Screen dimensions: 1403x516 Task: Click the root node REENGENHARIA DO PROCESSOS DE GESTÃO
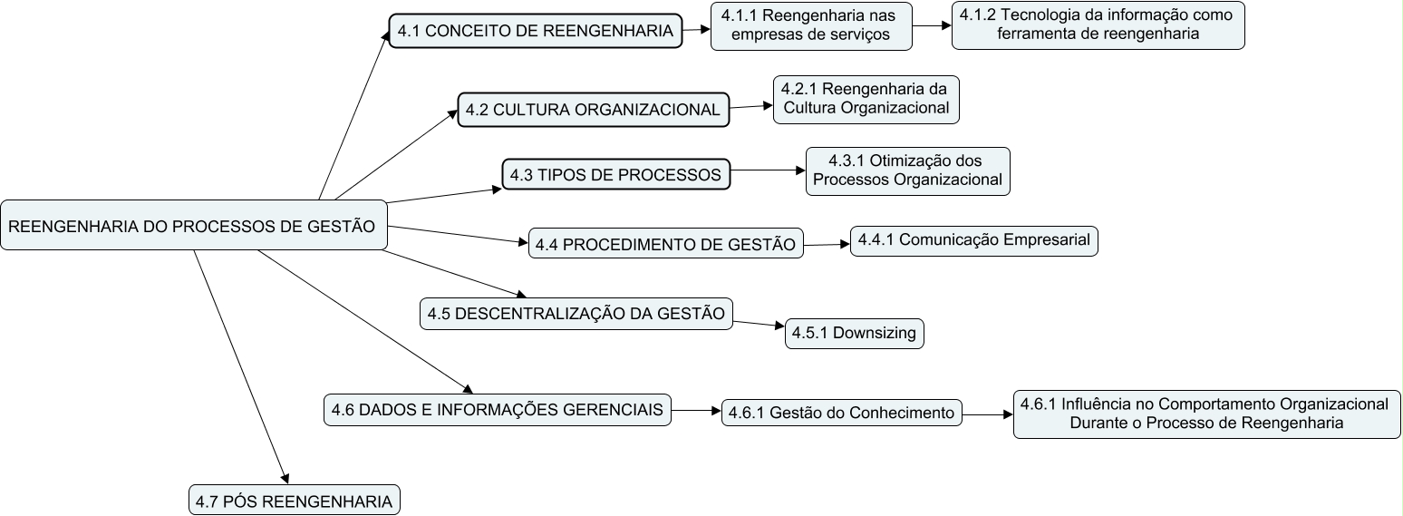pyautogui.click(x=195, y=226)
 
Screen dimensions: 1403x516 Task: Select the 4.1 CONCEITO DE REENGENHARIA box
pyautogui.click(x=536, y=31)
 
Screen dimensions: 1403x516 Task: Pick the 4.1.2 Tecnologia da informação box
pyautogui.click(x=1098, y=25)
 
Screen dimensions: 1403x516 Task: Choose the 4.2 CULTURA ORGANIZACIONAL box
pyautogui.click(x=593, y=110)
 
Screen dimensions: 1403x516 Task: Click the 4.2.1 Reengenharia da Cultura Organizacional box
pyautogui.click(x=866, y=99)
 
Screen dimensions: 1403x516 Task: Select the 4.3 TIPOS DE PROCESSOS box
pyautogui.click(x=616, y=174)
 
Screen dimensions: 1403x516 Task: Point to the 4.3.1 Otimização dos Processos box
pyautogui.click(x=907, y=170)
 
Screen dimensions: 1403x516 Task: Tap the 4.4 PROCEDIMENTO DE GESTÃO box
pyautogui.click(x=665, y=244)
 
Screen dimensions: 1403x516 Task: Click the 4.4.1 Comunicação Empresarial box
pyautogui.click(x=974, y=241)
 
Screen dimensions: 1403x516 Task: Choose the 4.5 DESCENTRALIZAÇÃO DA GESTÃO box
pyautogui.click(x=576, y=314)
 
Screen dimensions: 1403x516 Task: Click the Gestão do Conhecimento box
pyautogui.click(x=841, y=413)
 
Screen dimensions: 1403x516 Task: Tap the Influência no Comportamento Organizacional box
pyautogui.click(x=1206, y=414)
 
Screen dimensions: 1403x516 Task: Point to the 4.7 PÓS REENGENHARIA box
pyautogui.click(x=294, y=501)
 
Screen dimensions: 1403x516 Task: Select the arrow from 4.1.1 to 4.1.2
pyautogui.click(x=932, y=26)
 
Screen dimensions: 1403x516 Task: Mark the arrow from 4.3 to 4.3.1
pyautogui.click(x=768, y=170)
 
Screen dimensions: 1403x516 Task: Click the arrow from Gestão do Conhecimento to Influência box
pyautogui.click(x=987, y=414)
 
